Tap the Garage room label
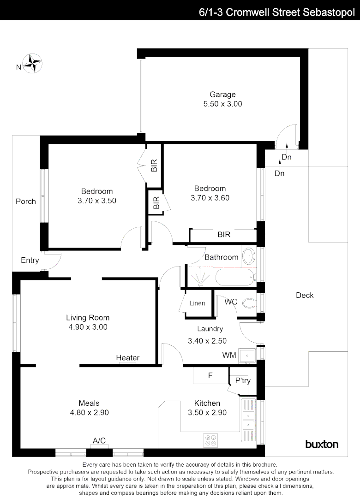(x=222, y=95)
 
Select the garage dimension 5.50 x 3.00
(x=222, y=104)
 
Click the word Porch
(x=26, y=201)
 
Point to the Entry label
(x=30, y=261)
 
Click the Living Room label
(x=88, y=318)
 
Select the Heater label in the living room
(x=128, y=358)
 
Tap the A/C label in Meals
(x=99, y=441)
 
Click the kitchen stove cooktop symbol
(x=211, y=440)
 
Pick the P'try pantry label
(x=243, y=381)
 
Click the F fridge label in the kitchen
(x=210, y=376)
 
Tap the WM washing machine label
(x=229, y=355)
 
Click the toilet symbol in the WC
(x=248, y=303)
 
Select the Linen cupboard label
(x=197, y=303)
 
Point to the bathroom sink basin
(x=248, y=255)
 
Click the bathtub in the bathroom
(x=234, y=278)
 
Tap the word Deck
(x=305, y=295)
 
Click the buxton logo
(x=322, y=445)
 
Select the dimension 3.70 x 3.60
(x=210, y=198)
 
